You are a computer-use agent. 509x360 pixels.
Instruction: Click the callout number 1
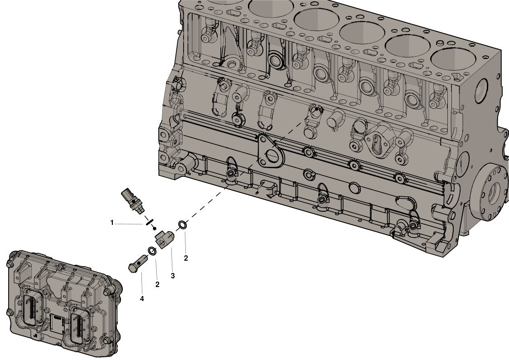[112, 223]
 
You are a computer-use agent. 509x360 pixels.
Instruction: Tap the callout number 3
[173, 276]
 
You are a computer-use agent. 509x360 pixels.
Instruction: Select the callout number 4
[142, 299]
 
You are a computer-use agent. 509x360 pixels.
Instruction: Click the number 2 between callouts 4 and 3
[157, 284]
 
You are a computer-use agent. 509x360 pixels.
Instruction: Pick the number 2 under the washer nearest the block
[186, 258]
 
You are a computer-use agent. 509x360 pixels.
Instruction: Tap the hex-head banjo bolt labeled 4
[138, 262]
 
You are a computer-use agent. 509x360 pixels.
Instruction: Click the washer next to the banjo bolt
[151, 251]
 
